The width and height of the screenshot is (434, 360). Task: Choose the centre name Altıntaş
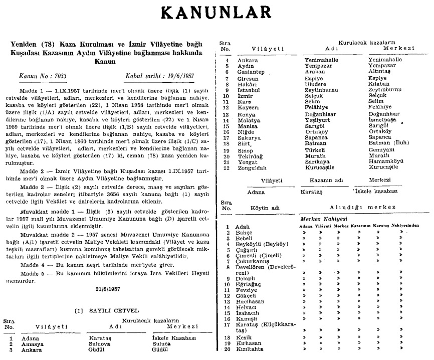[x=381, y=73]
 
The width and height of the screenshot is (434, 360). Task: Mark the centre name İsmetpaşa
[x=384, y=121]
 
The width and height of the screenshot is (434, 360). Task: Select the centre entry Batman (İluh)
[x=388, y=142]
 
